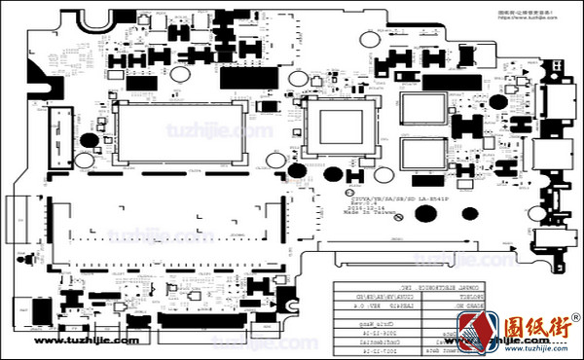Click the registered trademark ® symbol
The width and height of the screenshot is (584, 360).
point(575,318)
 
